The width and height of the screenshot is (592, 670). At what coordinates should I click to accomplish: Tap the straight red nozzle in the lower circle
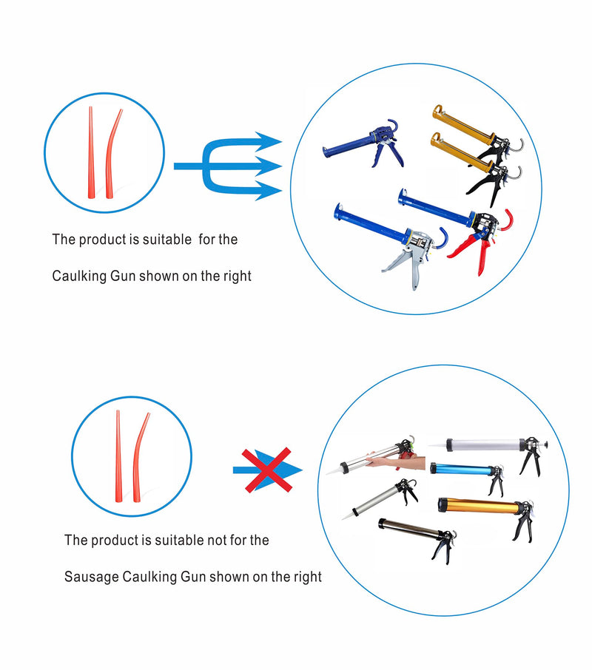click(x=118, y=456)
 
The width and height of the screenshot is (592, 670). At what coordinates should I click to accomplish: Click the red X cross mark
click(x=267, y=470)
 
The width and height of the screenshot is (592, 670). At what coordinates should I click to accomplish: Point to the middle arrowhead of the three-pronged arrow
click(x=269, y=166)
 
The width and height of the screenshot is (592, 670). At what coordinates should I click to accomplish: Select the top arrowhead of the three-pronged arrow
click(x=269, y=142)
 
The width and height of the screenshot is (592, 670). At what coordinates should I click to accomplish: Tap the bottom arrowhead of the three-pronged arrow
click(x=269, y=191)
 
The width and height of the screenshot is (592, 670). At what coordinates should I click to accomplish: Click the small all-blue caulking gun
click(x=364, y=143)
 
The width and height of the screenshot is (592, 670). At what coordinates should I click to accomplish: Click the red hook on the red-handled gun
click(x=508, y=220)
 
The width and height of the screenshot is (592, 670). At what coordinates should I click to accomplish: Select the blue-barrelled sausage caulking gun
click(x=467, y=476)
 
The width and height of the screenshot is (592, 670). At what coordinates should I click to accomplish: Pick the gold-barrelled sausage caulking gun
click(x=486, y=512)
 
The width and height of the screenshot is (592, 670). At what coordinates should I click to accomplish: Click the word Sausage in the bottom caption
click(x=92, y=577)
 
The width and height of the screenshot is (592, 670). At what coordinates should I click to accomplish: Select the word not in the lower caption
click(x=217, y=540)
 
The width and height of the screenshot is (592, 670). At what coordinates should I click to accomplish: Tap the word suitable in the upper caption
click(x=166, y=240)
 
